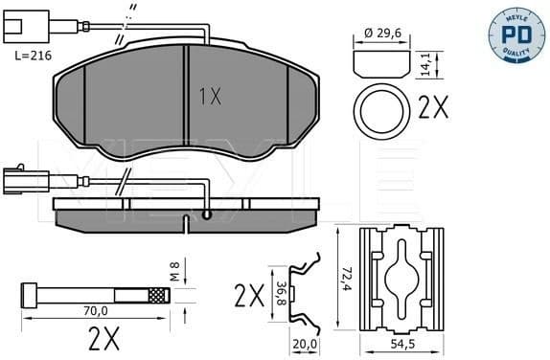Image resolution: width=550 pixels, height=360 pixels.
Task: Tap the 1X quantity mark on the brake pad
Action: point(210,95)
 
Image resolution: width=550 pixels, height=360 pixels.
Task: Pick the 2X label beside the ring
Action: point(433,108)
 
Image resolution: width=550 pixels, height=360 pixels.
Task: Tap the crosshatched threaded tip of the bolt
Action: point(155,295)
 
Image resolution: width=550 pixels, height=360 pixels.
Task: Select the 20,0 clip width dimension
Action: point(306,343)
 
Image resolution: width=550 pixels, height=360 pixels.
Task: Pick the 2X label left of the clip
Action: point(248,294)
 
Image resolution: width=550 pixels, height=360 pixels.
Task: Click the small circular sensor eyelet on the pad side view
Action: point(207,217)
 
